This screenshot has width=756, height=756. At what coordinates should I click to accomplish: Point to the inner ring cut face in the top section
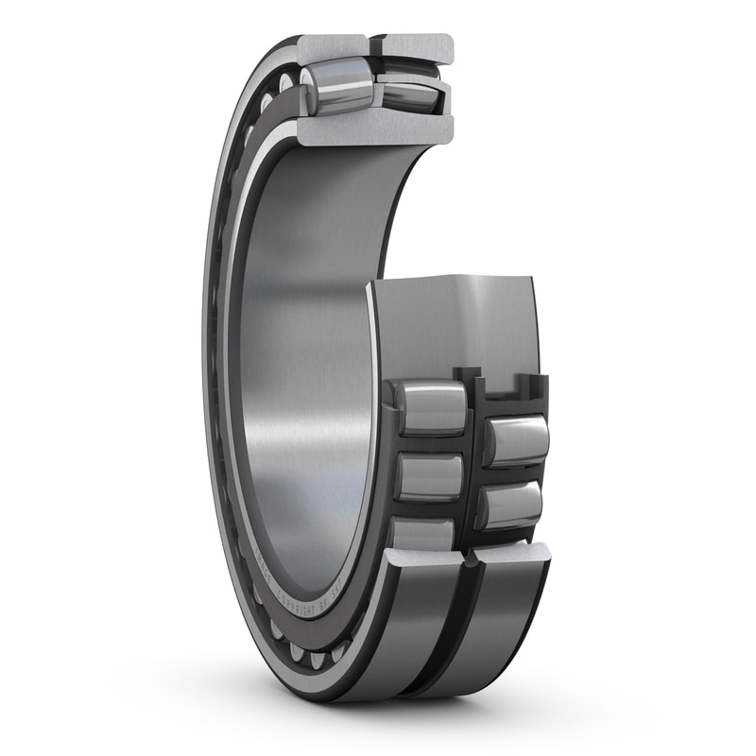pos(378,129)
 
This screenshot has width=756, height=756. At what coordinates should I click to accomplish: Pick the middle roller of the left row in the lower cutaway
pos(430,476)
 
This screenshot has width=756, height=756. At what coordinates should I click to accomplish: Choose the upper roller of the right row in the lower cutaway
pos(515,440)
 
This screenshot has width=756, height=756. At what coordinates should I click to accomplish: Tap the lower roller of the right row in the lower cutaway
pos(510,506)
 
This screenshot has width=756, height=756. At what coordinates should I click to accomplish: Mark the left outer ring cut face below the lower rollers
pos(425,564)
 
